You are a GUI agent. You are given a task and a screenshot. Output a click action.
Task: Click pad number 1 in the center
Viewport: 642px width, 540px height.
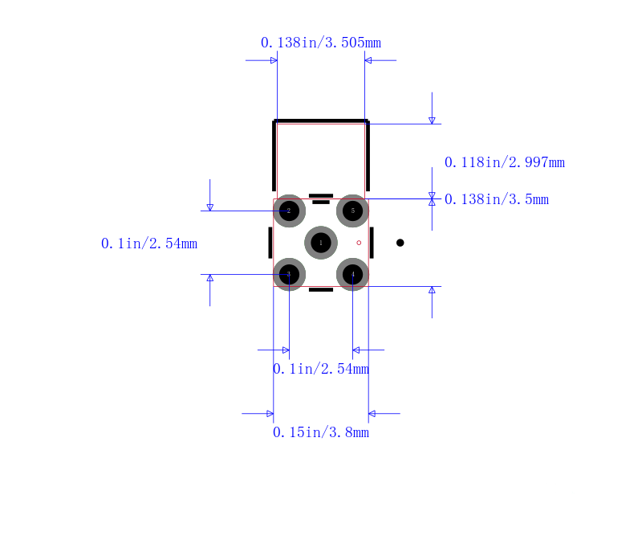pos(321,243)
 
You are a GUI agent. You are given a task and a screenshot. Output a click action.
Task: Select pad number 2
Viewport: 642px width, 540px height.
pos(289,211)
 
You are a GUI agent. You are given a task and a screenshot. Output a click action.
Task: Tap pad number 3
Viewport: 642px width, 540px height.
pos(289,274)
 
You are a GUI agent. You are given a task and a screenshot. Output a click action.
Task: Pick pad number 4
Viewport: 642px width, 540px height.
pos(352,274)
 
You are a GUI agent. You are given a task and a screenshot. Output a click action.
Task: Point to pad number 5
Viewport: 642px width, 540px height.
pos(352,211)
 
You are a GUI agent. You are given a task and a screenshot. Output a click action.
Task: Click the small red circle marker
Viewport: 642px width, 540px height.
pos(359,243)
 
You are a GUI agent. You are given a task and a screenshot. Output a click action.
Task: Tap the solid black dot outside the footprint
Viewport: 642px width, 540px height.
pos(400,243)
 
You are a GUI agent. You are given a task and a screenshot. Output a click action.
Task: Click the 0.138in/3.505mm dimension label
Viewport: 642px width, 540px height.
pos(321,43)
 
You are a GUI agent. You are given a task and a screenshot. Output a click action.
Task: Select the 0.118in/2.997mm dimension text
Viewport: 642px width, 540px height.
pos(505,162)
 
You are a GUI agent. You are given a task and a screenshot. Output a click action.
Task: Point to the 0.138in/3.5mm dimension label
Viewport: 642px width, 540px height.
pos(497,199)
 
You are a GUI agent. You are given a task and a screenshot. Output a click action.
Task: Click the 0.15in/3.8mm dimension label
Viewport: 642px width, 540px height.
pos(321,432)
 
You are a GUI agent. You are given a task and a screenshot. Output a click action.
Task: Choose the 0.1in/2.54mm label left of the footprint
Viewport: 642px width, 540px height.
pos(149,243)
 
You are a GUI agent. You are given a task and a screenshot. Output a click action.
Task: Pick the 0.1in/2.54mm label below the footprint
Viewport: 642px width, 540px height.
pos(321,369)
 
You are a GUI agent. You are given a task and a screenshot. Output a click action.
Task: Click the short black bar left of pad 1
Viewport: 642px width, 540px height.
pos(270,243)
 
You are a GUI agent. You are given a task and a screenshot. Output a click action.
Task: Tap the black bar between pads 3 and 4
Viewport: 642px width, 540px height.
pos(321,290)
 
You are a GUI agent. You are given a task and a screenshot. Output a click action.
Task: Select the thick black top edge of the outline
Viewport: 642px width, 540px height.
pos(321,121)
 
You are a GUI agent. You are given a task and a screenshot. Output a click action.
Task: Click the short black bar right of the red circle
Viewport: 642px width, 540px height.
pos(372,243)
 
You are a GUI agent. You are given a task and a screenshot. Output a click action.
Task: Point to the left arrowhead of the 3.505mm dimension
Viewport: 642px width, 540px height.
pos(274,60)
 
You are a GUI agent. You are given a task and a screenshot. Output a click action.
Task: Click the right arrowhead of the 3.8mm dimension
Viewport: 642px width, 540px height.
pos(372,413)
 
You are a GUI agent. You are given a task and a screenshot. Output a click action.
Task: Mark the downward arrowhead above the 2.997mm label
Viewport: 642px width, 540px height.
pos(432,121)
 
